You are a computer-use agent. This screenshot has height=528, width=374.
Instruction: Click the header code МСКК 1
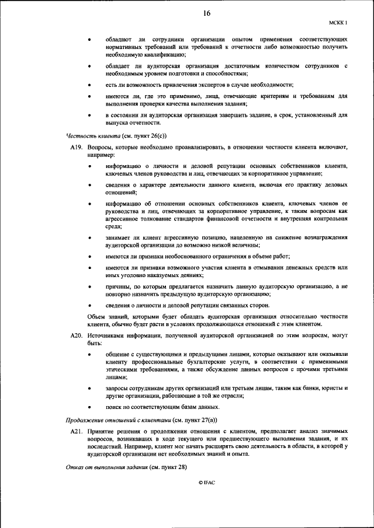(x=338, y=23)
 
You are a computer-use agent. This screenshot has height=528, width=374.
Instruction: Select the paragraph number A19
(x=77, y=149)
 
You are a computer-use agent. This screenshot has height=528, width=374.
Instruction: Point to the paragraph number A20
(x=77, y=336)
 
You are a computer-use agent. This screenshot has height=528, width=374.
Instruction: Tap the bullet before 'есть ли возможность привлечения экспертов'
(x=89, y=84)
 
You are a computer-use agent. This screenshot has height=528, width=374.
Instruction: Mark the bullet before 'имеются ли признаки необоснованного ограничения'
(x=89, y=256)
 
